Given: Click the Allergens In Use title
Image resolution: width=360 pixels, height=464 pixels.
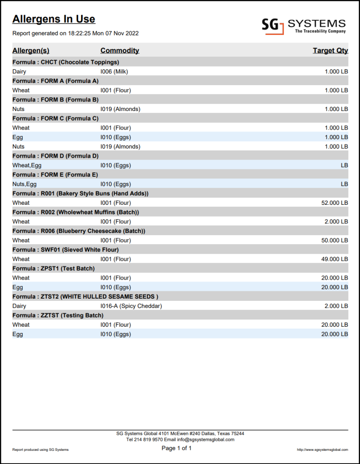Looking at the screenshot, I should (x=54, y=19).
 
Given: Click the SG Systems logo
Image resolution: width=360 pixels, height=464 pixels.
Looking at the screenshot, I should (x=303, y=25).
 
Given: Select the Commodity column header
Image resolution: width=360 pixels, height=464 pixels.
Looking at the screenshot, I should (x=120, y=50).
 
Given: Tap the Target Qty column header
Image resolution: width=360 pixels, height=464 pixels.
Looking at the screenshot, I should (x=330, y=50).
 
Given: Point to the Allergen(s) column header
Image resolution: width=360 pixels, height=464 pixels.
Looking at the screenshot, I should (x=31, y=50).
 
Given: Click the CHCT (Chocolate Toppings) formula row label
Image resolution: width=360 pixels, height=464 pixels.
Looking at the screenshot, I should (x=66, y=62).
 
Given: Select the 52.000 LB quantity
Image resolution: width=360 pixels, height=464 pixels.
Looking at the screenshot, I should (x=334, y=203).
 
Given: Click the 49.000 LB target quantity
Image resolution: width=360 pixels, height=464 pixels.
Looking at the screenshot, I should (x=334, y=259).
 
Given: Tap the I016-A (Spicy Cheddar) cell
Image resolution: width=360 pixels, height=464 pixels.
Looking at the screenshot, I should (x=131, y=306).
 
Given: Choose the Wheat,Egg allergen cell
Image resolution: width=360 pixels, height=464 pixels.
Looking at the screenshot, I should (x=27, y=165).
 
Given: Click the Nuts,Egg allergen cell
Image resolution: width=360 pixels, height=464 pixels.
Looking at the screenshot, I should (x=24, y=184).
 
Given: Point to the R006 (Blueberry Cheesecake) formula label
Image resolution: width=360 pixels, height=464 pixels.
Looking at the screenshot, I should (x=78, y=231).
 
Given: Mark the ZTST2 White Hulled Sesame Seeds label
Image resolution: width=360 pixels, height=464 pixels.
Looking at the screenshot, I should (x=85, y=296).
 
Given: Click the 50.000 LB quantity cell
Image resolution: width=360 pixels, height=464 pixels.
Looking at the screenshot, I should (x=334, y=240).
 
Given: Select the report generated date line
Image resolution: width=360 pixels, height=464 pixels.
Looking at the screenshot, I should (x=75, y=33).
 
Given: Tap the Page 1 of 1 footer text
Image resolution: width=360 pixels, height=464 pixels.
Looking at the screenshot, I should (x=177, y=448).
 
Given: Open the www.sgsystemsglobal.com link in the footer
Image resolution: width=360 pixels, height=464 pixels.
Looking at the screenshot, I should (x=322, y=449).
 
